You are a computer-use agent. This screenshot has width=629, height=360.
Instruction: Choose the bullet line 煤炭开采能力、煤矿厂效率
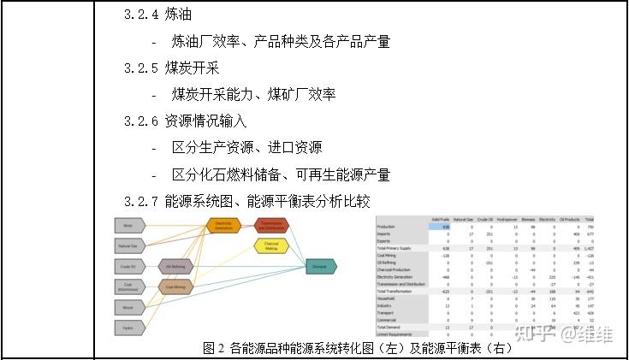pyautogui.click(x=253, y=95)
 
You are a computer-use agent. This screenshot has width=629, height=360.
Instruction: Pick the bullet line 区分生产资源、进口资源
pyautogui.click(x=246, y=148)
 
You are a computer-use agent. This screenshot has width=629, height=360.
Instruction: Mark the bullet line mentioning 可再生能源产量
pyautogui.click(x=281, y=174)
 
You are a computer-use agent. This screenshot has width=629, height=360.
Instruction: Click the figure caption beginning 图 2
pyautogui.click(x=359, y=348)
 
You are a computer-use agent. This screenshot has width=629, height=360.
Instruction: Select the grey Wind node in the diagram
pyautogui.click(x=128, y=226)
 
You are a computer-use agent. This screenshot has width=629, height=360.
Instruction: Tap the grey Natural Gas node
pyautogui.click(x=128, y=246)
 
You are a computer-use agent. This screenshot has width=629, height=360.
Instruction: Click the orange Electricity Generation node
pyautogui.click(x=223, y=227)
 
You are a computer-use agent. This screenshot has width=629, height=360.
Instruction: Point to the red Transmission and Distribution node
pyautogui.click(x=271, y=226)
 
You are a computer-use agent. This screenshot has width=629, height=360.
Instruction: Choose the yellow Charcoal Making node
pyautogui.click(x=271, y=246)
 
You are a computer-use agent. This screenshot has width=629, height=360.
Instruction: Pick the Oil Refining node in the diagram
pyautogui.click(x=175, y=266)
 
